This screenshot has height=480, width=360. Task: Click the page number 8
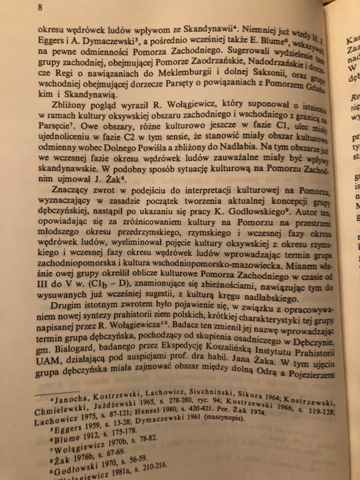[x=40, y=7]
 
